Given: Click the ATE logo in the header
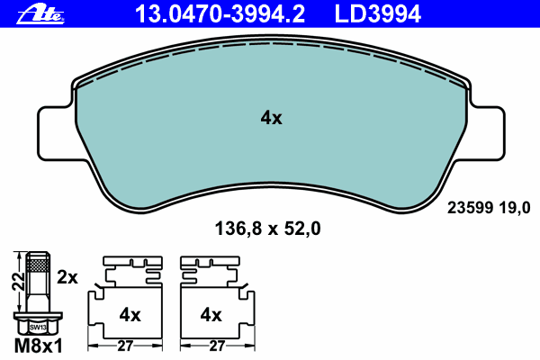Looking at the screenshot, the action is click(x=40, y=14).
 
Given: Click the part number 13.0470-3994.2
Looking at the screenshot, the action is click(x=220, y=14).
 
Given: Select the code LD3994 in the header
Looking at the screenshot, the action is click(x=377, y=14).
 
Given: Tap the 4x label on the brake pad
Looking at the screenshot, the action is click(x=271, y=118).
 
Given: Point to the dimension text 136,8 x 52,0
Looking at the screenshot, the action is click(x=267, y=229).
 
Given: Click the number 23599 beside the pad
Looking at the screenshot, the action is click(x=470, y=208).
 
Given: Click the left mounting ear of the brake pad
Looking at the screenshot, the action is click(x=55, y=134).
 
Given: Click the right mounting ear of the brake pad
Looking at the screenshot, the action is click(x=487, y=134).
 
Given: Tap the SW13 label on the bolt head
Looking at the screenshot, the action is click(x=38, y=328).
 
